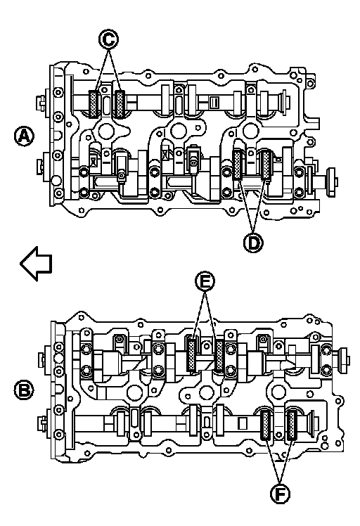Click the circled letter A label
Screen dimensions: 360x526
[x=24, y=136]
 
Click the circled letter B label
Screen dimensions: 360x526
[x=24, y=390]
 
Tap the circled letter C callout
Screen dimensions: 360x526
[x=108, y=39]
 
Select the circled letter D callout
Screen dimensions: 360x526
[x=253, y=242]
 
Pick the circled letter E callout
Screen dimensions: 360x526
[x=205, y=281]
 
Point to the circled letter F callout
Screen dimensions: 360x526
[x=280, y=494]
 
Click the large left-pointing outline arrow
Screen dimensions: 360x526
[x=37, y=263]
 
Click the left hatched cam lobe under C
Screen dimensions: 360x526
[x=94, y=104]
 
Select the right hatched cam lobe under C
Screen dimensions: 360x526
[x=120, y=104]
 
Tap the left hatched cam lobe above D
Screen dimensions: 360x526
[x=238, y=165]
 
